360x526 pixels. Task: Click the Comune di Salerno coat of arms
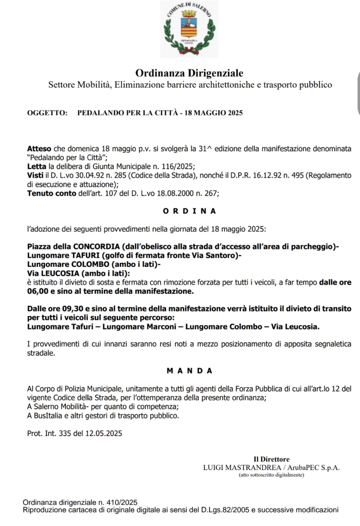(x=189, y=29)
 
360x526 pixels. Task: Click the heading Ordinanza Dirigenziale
(x=189, y=73)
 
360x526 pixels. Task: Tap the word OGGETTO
(x=47, y=113)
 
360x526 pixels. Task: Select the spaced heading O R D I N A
(x=189, y=211)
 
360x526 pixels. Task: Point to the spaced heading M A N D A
(x=189, y=371)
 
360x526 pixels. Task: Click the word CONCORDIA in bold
(x=96, y=246)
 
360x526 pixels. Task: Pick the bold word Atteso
(x=39, y=149)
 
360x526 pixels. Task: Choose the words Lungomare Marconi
(x=139, y=327)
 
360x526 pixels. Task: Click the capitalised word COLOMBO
(x=90, y=264)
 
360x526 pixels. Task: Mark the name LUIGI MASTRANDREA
(x=242, y=467)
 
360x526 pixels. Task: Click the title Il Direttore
(x=272, y=459)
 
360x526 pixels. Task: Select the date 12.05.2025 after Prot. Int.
(x=104, y=433)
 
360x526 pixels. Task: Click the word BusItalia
(x=48, y=416)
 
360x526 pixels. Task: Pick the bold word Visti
(x=35, y=175)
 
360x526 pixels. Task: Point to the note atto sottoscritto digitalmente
(x=271, y=475)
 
